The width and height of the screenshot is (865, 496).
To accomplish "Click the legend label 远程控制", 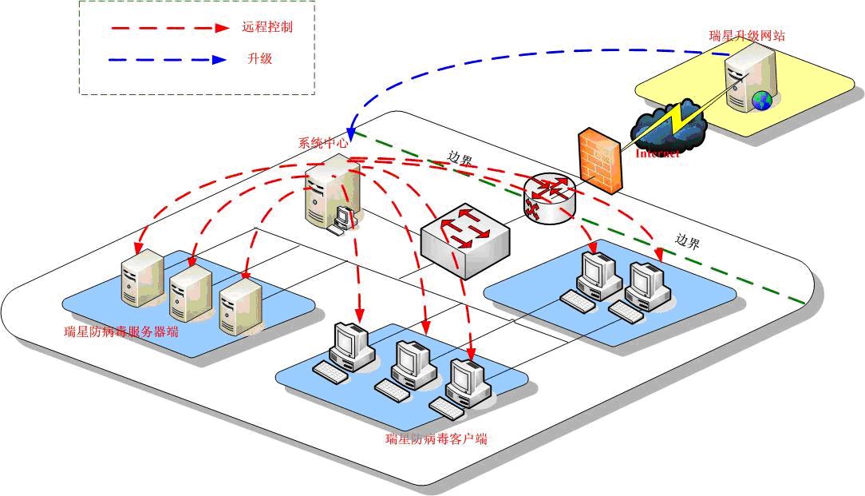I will coord(267,27).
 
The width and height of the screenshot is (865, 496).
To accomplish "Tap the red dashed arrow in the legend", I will coord(171,28).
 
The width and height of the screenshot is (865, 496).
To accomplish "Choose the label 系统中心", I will coord(323,144).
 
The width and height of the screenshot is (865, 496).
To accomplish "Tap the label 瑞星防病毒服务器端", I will coord(120,331).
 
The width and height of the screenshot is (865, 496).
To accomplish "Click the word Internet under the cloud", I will coord(657,153).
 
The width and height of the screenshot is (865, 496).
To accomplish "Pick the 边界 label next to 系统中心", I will coord(460,158).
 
